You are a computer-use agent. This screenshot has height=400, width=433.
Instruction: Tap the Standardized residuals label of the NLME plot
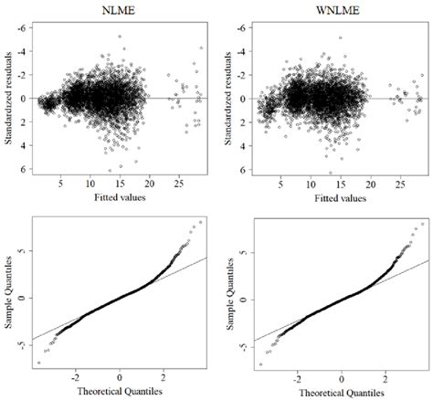pyautogui.click(x=9, y=99)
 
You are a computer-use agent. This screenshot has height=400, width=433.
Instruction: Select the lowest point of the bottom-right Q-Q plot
pyautogui.click(x=260, y=364)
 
